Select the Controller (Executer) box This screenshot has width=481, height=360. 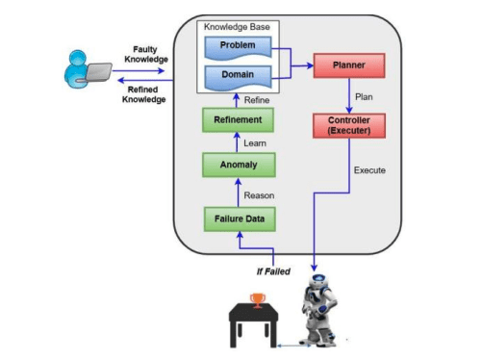click(349, 124)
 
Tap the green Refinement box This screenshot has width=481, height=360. click(238, 119)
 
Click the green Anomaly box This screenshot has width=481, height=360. click(238, 166)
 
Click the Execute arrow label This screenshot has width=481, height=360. click(369, 170)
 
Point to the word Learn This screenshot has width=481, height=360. click(255, 142)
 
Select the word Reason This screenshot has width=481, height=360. click(259, 194)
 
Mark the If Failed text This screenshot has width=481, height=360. click(272, 270)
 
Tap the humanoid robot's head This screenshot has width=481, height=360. click(318, 285)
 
